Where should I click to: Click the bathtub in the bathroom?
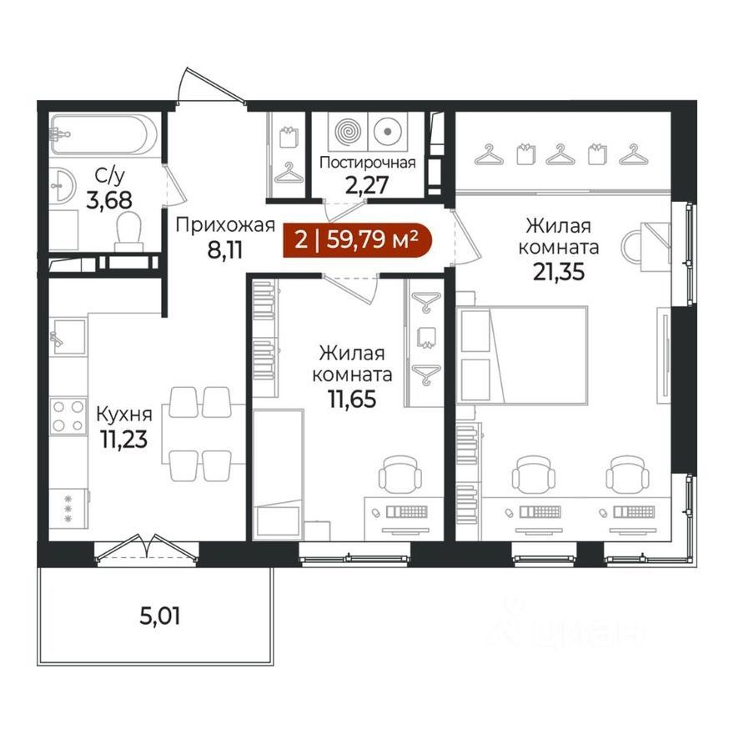coord(103,134)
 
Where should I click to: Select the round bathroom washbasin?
coord(62,185)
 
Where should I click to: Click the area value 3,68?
coord(109,200)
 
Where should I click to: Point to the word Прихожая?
coord(225,226)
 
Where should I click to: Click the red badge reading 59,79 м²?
coord(358,240)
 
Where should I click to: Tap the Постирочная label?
coord(368,163)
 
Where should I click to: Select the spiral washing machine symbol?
coord(348,130)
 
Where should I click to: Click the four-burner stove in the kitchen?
coord(68,415)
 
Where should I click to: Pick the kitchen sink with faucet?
coord(68,337)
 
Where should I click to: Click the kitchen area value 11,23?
coord(123,440)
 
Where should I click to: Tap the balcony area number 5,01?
coord(159,616)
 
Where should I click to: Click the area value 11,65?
coord(352,400)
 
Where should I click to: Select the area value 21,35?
coord(559,272)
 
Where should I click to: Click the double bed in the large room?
coord(522,354)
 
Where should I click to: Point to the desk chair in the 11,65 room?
coord(400,473)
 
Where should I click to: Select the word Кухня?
coord(124,415)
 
